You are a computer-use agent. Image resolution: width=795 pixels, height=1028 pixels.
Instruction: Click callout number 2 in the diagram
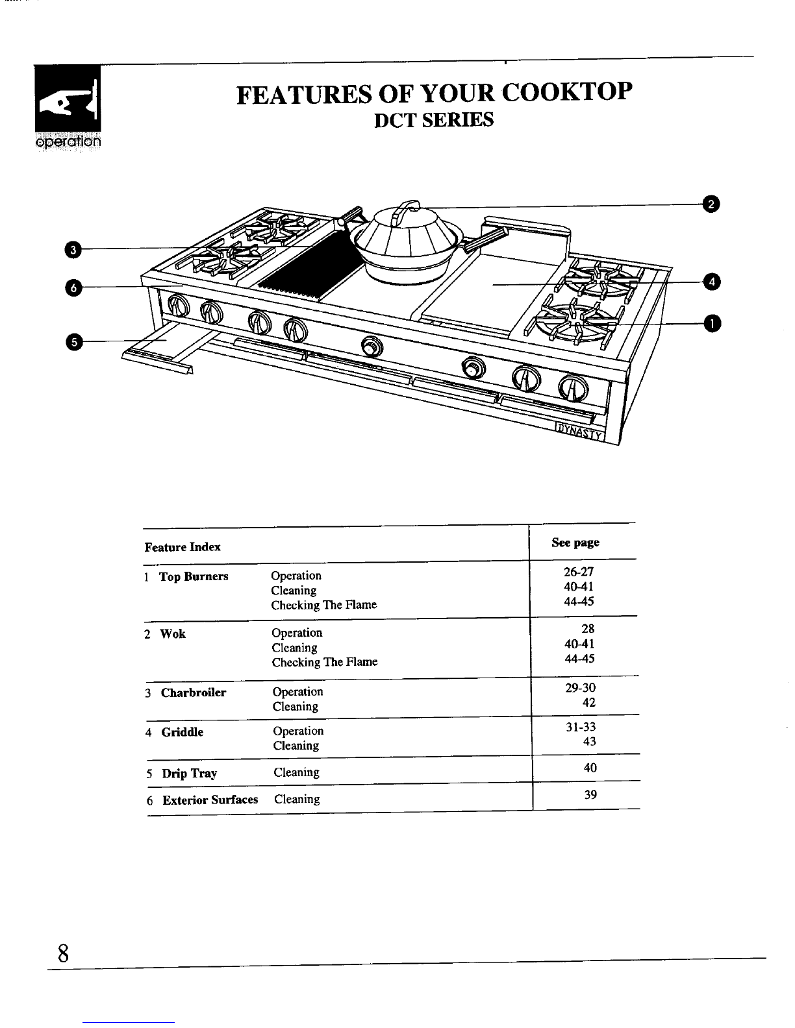712,204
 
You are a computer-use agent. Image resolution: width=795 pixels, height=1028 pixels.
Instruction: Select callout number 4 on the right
713,282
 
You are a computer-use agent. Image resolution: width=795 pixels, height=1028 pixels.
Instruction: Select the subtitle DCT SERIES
435,121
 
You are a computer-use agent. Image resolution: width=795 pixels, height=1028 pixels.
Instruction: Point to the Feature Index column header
183,547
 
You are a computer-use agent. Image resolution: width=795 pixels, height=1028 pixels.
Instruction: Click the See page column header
575,543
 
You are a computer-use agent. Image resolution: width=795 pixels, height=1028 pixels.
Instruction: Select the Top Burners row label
194,576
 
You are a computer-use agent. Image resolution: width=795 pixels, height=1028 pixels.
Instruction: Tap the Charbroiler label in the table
194,692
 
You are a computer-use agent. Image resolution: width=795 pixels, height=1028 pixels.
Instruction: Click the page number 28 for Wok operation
588,629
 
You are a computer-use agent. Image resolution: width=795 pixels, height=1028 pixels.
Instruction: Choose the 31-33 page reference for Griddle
581,727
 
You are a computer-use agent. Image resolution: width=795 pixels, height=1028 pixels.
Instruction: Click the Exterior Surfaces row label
210,800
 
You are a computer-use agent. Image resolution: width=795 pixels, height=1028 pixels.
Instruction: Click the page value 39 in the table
590,794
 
